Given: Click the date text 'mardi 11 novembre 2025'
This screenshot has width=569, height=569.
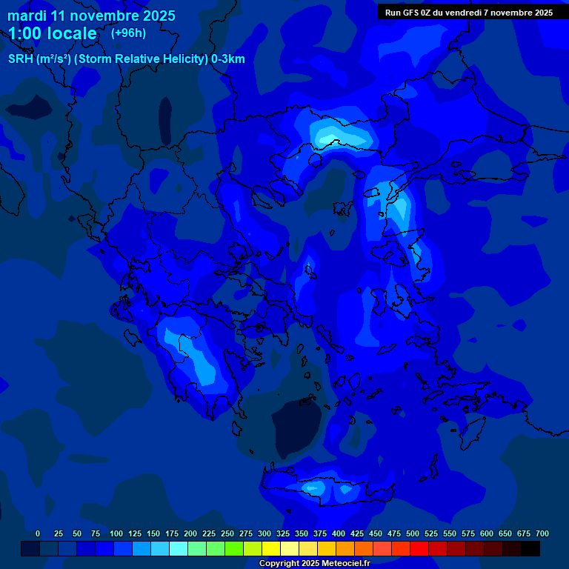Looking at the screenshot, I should coord(91,16).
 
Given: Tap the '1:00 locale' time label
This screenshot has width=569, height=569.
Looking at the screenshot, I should coord(53,33).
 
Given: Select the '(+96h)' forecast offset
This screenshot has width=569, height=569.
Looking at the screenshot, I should coord(128,33).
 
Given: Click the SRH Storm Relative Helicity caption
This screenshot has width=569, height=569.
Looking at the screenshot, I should coord(126,59).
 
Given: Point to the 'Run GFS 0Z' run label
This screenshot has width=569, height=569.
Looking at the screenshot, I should coord(469,12).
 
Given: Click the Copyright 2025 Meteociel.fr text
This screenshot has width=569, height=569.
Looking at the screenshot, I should coord(314,564).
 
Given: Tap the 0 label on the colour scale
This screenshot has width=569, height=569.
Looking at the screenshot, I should coord(38,533).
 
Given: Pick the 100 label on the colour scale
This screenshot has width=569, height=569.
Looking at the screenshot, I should coord(116,533).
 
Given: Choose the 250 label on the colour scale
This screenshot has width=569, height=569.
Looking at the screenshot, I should coord(227,533).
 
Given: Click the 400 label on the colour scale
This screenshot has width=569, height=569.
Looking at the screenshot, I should coord(339,533).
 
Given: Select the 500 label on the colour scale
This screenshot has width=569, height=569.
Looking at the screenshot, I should coord(413,533).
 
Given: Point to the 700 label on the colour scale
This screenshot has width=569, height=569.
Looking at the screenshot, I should coord(542,533).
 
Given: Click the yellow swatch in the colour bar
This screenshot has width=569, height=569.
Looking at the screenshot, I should coord(271,549).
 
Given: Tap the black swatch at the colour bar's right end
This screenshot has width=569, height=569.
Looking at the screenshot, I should coord(530,549).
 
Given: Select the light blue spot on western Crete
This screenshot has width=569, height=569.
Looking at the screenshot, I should coord(312,488).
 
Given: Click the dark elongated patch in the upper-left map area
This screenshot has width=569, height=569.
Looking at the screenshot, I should coord(164,119).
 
